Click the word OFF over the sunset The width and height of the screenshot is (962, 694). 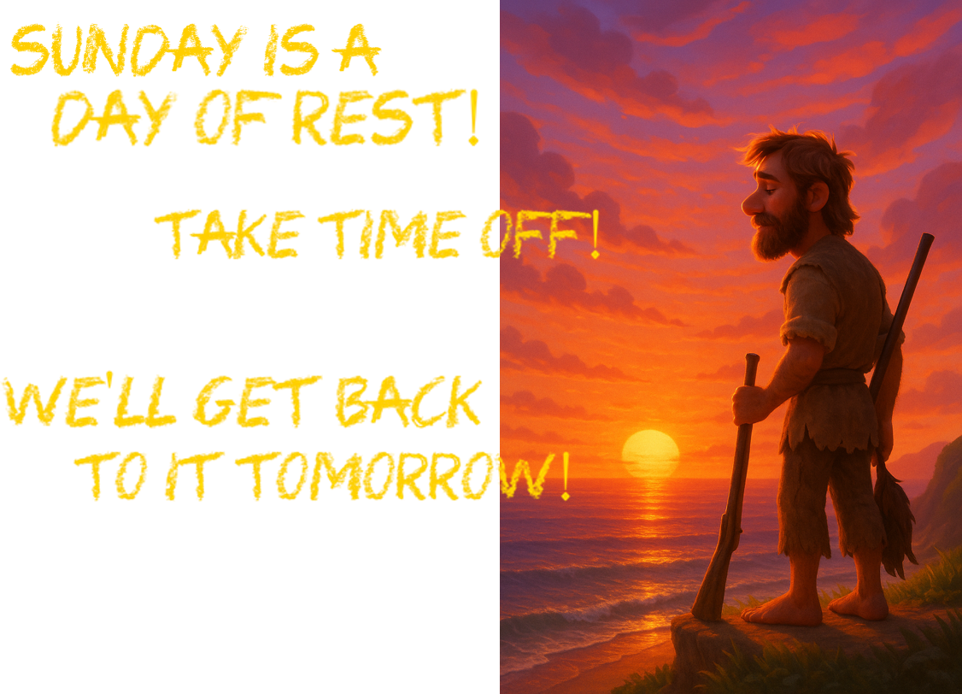(x=530, y=234)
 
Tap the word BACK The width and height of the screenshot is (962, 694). (x=408, y=402)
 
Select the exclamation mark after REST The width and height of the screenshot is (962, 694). (x=472, y=117)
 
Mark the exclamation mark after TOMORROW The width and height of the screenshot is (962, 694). (x=565, y=475)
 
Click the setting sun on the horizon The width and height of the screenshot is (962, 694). (x=650, y=454)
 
